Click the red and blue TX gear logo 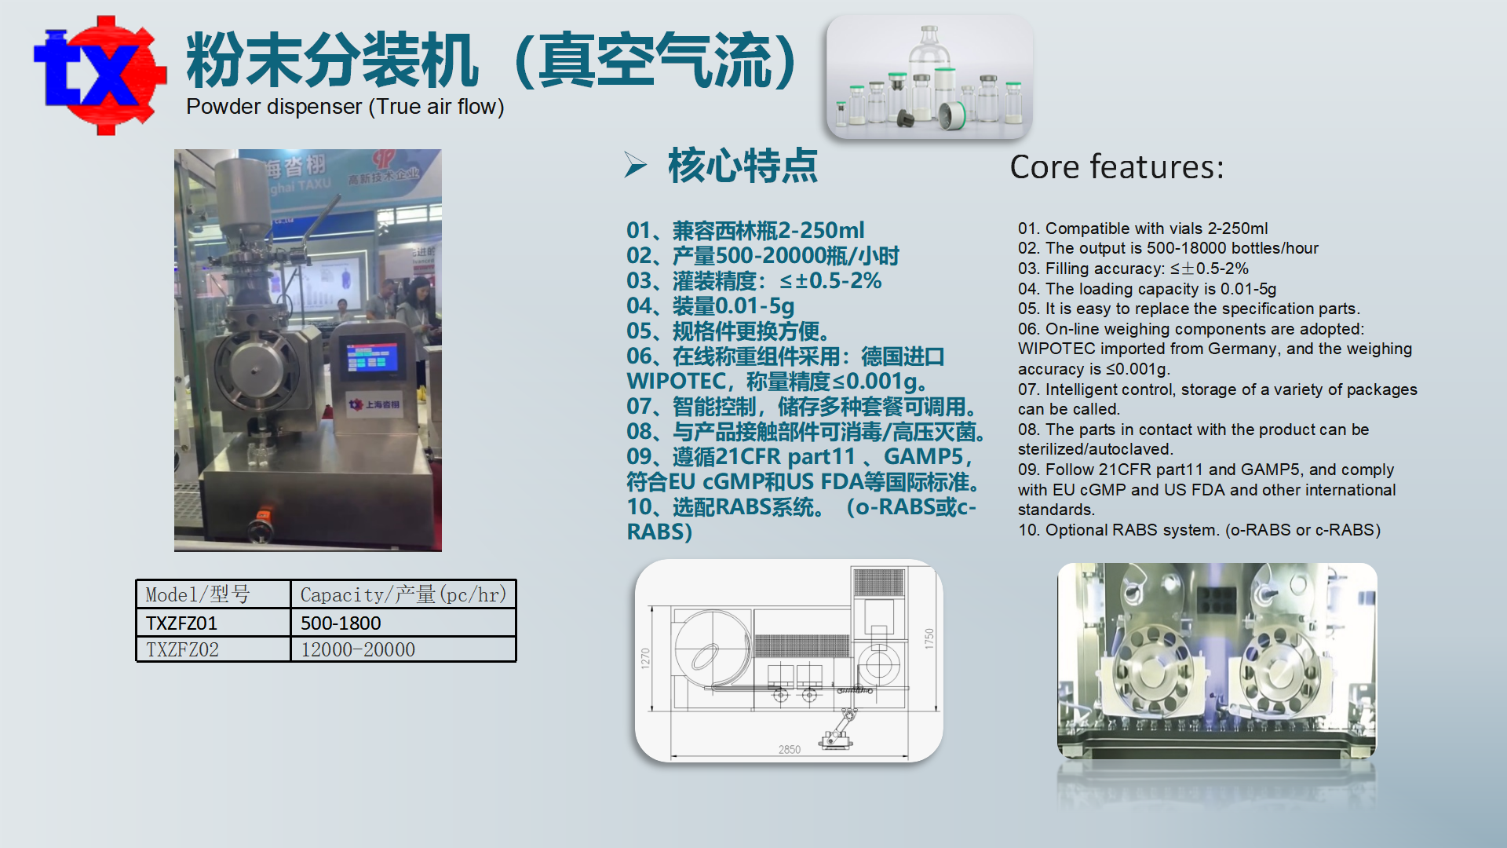click(100, 75)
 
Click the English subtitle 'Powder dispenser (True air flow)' click(345, 107)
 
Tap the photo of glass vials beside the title click(929, 76)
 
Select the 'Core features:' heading click(1116, 167)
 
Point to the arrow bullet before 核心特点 click(635, 165)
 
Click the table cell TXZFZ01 click(181, 623)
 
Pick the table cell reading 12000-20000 click(358, 650)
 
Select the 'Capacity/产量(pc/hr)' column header click(403, 594)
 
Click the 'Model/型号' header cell click(198, 594)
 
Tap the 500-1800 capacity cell click(341, 623)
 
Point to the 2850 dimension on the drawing click(790, 750)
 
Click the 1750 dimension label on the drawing click(929, 638)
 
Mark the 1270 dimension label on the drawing click(645, 658)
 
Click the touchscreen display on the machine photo click(372, 359)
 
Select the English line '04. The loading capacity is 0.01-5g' click(1148, 289)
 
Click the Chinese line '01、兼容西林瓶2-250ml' click(745, 231)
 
